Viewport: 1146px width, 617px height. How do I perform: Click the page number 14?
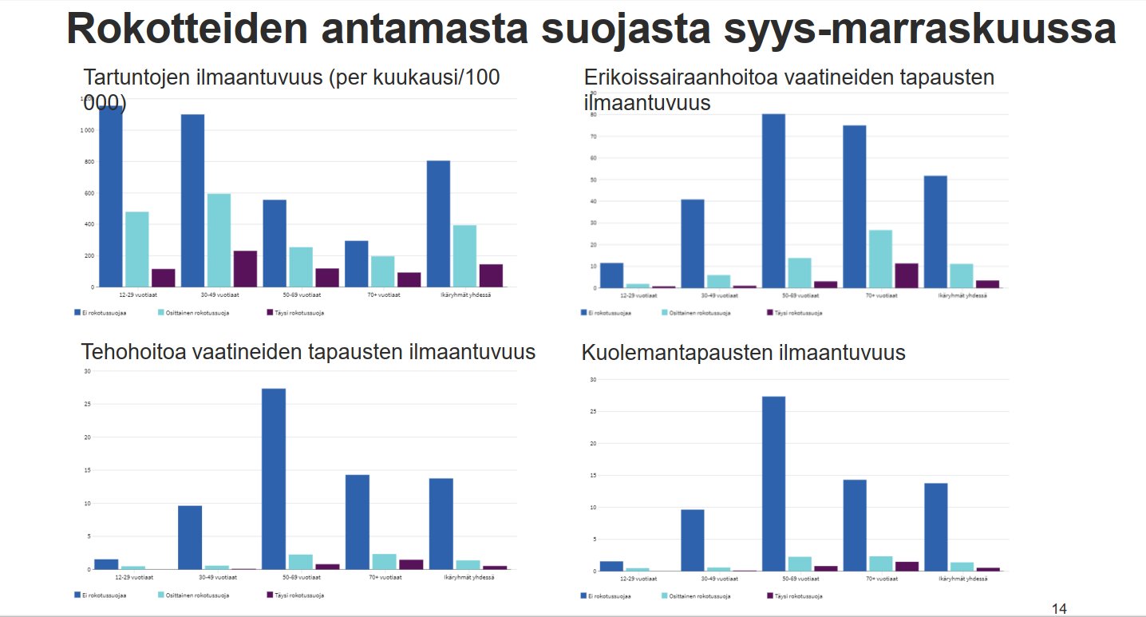pyautogui.click(x=1059, y=609)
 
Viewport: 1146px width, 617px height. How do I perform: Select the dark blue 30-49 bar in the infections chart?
pyautogui.click(x=192, y=200)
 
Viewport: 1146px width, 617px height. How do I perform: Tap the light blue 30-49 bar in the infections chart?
pyautogui.click(x=219, y=239)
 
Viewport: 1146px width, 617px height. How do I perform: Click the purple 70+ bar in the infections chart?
pyautogui.click(x=409, y=279)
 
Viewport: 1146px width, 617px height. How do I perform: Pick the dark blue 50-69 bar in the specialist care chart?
pyautogui.click(x=773, y=200)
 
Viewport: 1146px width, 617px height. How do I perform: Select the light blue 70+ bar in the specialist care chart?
pyautogui.click(x=881, y=259)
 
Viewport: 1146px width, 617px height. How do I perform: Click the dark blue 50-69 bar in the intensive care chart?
pyautogui.click(x=273, y=479)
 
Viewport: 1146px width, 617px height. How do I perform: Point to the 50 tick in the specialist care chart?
pyautogui.click(x=593, y=180)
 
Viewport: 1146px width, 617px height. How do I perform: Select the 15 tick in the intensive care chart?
pyautogui.click(x=86, y=470)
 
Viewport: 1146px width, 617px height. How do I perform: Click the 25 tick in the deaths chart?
pyautogui.click(x=593, y=411)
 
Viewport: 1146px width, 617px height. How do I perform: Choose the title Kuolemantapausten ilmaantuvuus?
pyautogui.click(x=743, y=353)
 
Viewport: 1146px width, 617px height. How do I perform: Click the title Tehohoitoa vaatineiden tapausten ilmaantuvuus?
pyautogui.click(x=308, y=352)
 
